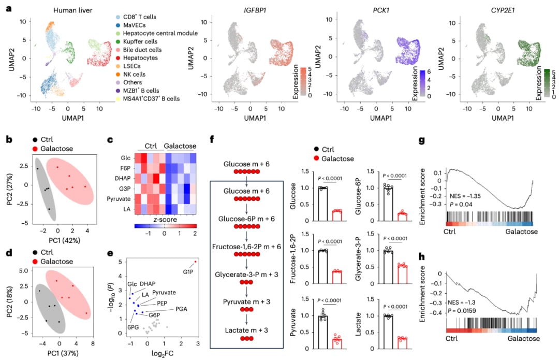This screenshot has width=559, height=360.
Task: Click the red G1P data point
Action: pos(196,262)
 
